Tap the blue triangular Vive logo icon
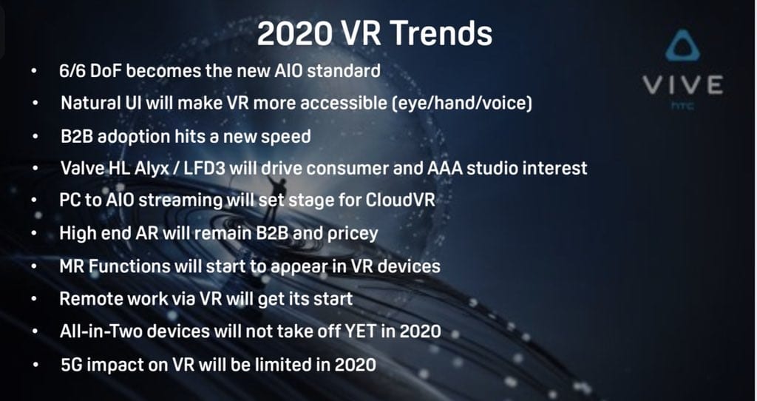682,47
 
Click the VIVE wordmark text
682,85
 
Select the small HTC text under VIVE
682,104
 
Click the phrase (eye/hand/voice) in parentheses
464,104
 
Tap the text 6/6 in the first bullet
72,71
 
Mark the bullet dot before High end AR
34,233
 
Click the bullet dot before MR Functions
34,266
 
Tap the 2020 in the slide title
294,33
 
